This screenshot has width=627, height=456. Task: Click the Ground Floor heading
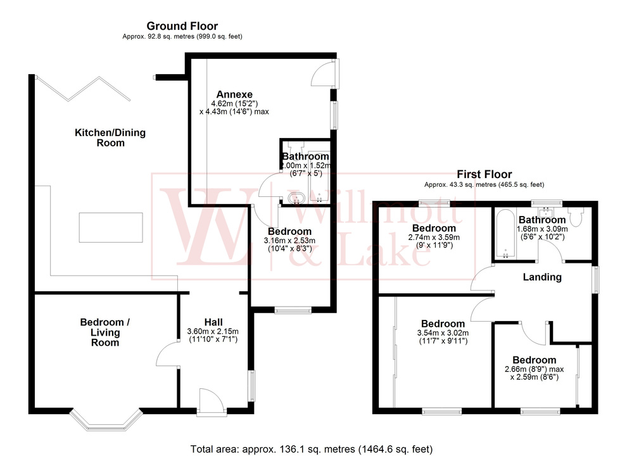click(182, 26)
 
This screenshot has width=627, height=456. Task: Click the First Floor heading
click(485, 174)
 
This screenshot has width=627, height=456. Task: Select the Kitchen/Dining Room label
click(110, 137)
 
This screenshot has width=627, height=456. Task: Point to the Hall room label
click(212, 321)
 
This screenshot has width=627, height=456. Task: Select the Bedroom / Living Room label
click(105, 332)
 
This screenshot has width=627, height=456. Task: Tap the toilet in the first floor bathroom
click(577, 217)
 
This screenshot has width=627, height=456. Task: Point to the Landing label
click(542, 277)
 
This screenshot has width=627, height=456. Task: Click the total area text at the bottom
click(313, 448)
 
